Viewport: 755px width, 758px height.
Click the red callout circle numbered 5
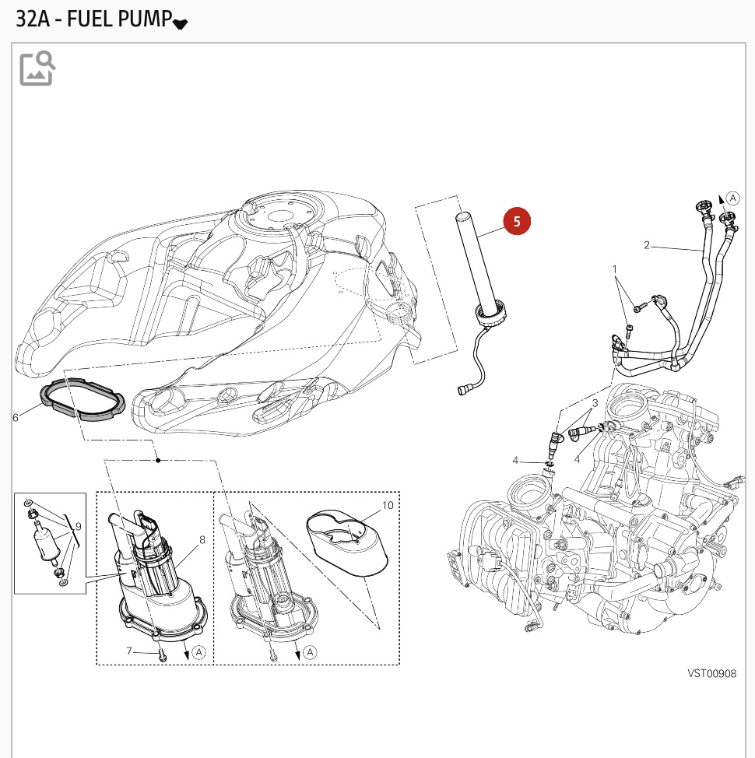click(517, 221)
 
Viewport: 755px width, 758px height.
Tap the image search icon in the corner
click(37, 68)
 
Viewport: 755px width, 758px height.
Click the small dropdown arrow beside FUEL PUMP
click(180, 23)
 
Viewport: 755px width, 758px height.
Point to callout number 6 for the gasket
click(15, 418)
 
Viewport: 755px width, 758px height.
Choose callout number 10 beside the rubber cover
click(387, 505)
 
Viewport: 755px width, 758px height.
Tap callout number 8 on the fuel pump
click(202, 539)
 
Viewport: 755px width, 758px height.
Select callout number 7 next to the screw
click(130, 650)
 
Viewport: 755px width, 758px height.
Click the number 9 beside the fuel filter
click(78, 527)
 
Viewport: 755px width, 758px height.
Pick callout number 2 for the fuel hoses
click(646, 245)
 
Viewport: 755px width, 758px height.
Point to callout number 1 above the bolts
click(615, 269)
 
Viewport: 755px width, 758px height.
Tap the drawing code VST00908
click(711, 674)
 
